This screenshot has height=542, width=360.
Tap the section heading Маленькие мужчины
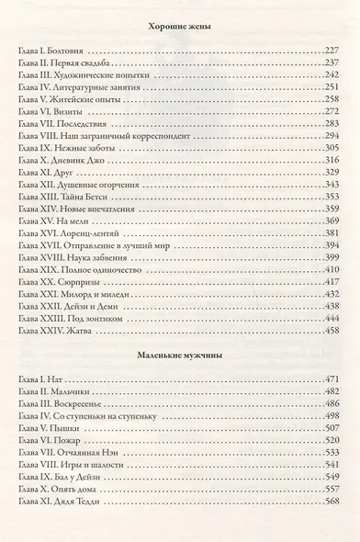click(180, 353)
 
